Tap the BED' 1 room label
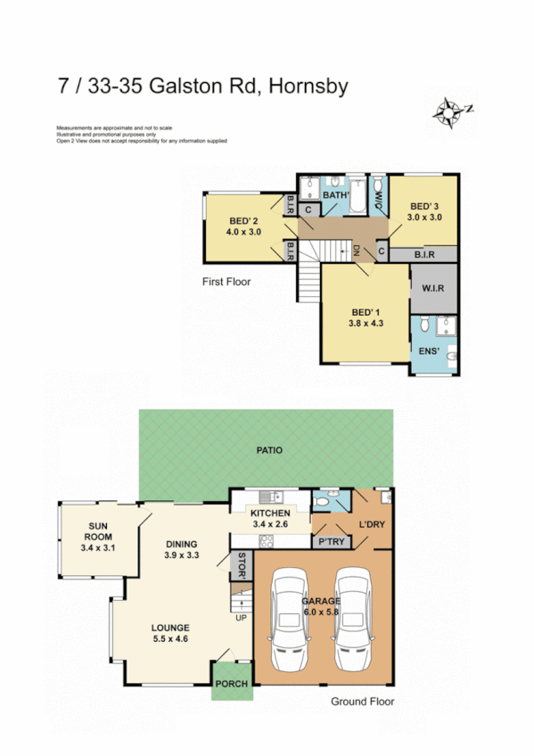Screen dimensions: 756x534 (366, 311)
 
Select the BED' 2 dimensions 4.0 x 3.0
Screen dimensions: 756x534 (242, 233)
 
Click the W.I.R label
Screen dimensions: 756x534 (432, 289)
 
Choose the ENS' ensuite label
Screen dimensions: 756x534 (429, 351)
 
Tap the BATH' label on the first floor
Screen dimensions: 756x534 (335, 194)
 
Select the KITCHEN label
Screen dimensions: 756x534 (270, 514)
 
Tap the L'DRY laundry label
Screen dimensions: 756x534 (371, 524)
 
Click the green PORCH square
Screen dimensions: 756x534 (231, 685)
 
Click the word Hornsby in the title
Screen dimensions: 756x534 (303, 86)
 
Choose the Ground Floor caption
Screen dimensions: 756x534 (362, 702)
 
